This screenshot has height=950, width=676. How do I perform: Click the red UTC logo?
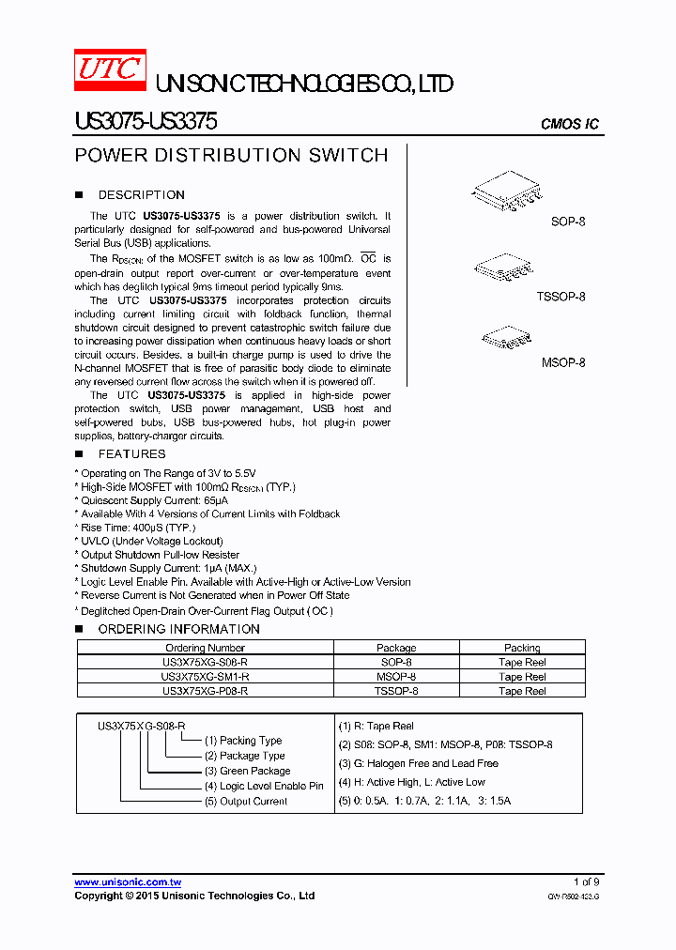point(110,71)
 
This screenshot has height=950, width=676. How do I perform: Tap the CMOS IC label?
point(570,124)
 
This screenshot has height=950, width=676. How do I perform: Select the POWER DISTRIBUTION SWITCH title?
point(231,156)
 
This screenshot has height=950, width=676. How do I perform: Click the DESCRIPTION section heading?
point(141,195)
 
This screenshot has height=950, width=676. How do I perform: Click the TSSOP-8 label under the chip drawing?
point(561,297)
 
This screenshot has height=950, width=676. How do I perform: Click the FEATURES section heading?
point(131,454)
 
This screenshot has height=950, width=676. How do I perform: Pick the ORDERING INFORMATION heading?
point(178,629)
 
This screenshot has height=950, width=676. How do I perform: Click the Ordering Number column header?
point(205,648)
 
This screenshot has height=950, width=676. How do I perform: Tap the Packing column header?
point(522,648)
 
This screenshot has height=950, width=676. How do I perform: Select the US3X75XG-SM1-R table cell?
point(205,677)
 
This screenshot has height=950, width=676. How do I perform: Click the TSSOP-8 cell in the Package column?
point(396,691)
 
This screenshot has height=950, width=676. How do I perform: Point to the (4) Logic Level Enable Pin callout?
point(264,786)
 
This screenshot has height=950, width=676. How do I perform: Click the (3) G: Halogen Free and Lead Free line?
point(418,764)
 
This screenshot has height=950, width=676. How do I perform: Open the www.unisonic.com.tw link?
point(128,882)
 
